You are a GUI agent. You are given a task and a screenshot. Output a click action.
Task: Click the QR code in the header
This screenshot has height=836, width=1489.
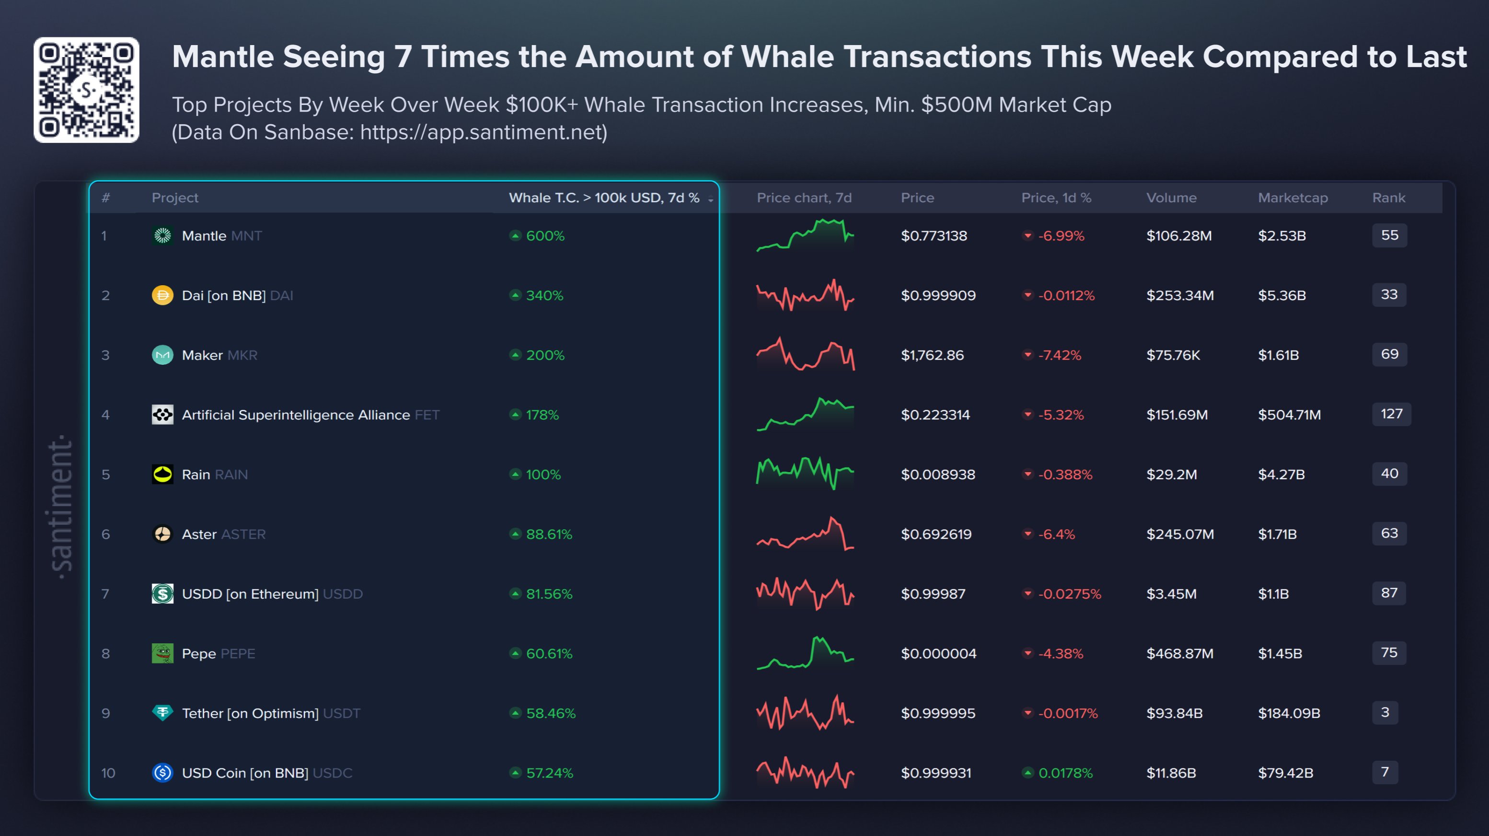click(x=86, y=90)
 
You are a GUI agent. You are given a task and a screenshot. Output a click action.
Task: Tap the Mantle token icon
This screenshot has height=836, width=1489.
click(x=162, y=235)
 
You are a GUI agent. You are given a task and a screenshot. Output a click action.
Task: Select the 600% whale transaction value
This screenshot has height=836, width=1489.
click(x=544, y=236)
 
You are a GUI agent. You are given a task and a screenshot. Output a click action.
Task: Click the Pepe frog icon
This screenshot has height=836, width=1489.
click(x=162, y=653)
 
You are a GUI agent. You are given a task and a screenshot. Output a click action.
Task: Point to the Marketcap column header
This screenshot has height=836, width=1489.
click(x=1293, y=197)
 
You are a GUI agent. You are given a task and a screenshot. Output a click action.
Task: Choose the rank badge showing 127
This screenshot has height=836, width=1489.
click(x=1391, y=414)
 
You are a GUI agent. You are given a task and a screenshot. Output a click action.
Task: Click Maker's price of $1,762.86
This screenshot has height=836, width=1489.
click(x=932, y=355)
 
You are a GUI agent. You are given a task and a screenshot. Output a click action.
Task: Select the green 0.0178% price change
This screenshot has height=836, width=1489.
click(x=1065, y=773)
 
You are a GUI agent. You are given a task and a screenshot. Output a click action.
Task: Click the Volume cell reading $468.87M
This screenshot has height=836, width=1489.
click(x=1179, y=653)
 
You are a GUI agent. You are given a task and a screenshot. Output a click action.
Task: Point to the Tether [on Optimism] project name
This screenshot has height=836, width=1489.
click(x=250, y=713)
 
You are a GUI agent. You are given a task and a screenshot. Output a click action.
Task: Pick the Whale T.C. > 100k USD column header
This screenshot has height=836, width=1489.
click(x=604, y=197)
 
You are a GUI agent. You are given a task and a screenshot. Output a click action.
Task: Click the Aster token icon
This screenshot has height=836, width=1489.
click(x=162, y=534)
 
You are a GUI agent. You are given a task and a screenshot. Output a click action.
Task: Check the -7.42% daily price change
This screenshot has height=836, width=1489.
click(x=1059, y=355)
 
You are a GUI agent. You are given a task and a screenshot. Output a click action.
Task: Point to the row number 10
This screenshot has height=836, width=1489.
click(x=108, y=773)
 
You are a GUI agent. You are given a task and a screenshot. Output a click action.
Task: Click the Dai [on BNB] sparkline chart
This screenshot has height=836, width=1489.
click(x=805, y=295)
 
